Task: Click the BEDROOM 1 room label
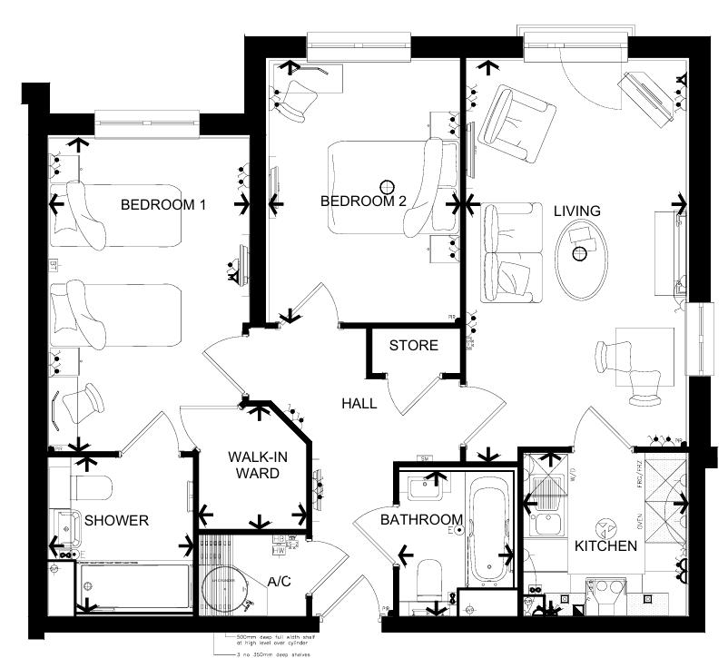(x=163, y=204)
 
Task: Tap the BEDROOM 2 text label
(x=363, y=201)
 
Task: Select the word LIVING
(x=577, y=211)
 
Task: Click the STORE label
(x=413, y=346)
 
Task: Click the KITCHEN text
(x=605, y=546)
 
